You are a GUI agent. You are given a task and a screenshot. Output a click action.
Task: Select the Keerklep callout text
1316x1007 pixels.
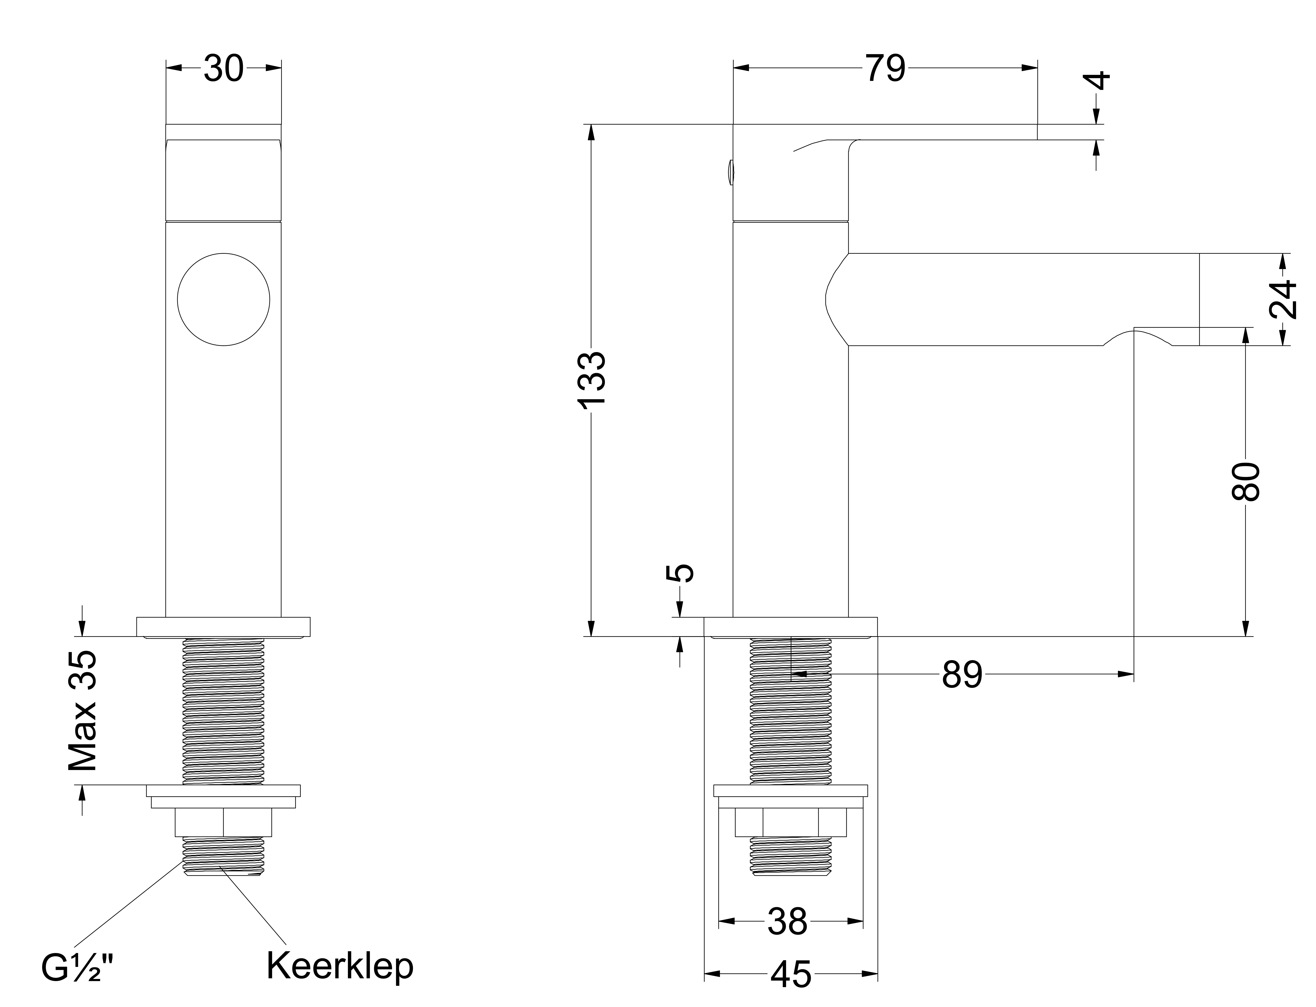pyautogui.click(x=340, y=966)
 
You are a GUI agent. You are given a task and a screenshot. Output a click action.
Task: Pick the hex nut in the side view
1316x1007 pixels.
pyautogui.click(x=791, y=822)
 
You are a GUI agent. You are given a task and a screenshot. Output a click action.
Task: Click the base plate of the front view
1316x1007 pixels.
pyautogui.click(x=224, y=627)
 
